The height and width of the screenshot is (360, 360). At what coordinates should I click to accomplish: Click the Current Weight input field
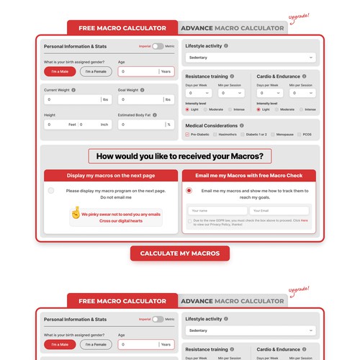(72, 99)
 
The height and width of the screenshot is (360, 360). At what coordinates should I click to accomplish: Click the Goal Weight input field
(140, 99)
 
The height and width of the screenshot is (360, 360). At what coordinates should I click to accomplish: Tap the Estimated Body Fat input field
(140, 125)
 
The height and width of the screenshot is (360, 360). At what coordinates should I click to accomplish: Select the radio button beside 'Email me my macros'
(189, 191)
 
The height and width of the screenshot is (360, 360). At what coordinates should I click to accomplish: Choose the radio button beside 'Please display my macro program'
(51, 191)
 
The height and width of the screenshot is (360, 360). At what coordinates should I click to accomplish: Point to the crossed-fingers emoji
(75, 214)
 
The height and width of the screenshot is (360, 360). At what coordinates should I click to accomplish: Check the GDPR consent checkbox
(190, 221)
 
